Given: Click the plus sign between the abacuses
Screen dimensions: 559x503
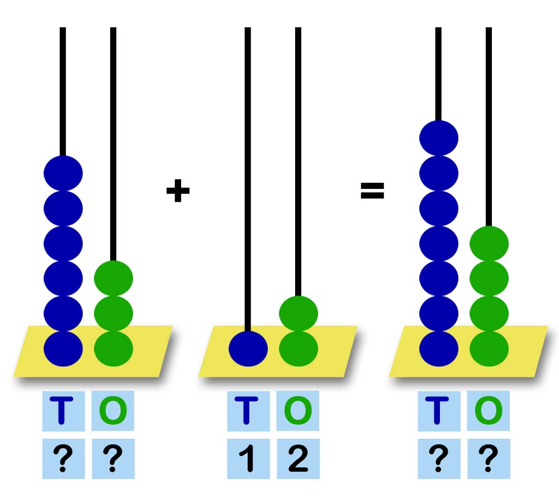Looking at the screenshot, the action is click(178, 191).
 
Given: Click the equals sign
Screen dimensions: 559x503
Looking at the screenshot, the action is click(372, 191).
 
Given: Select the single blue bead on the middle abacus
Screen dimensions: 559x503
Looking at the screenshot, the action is click(248, 349).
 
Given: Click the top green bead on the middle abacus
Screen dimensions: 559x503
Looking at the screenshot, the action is click(299, 314).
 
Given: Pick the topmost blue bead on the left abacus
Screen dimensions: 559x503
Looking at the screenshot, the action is click(63, 173).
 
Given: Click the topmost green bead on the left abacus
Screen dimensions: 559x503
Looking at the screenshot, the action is click(113, 278).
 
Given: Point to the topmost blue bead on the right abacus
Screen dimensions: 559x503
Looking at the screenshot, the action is click(438, 138).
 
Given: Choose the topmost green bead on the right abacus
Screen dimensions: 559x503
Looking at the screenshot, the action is click(489, 244).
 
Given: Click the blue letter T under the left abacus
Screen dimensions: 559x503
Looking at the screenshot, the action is click(61, 410).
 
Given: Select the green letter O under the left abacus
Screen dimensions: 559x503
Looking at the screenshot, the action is click(113, 410).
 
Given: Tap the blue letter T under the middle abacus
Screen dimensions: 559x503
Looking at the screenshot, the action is click(247, 410).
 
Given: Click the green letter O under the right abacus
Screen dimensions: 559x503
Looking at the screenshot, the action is click(489, 410).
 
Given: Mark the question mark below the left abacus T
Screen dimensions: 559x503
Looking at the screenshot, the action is click(63, 458).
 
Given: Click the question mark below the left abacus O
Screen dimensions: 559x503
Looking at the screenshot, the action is click(113, 458).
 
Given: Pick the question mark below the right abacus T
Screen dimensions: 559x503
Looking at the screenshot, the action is click(438, 458).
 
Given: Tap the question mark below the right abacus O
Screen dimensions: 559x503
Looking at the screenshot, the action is click(489, 458).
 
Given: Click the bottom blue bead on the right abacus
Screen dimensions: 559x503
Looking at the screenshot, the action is click(438, 349).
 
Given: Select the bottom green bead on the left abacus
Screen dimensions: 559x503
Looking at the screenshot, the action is click(113, 349).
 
